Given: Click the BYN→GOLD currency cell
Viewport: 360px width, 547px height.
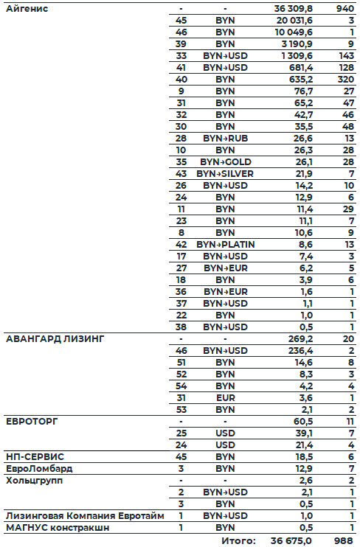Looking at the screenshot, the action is point(224,161).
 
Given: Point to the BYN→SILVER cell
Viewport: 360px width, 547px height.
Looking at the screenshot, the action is point(224,173).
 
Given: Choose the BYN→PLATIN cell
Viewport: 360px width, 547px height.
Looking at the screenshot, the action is point(224,243).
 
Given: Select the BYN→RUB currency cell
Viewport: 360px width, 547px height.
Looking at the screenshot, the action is point(224,138).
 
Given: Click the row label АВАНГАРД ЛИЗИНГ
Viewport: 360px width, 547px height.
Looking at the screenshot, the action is point(55,339).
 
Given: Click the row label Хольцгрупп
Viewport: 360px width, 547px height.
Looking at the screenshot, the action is point(34,480).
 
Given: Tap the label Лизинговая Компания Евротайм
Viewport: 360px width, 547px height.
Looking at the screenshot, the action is point(84,515).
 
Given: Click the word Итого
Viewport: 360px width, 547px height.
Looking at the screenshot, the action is point(238,540).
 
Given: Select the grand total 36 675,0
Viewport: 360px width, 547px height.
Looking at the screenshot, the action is point(292,540).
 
